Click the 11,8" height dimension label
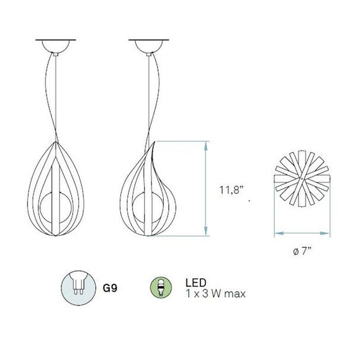click(x=231, y=190)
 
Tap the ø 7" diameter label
click(x=302, y=251)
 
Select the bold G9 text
click(x=110, y=288)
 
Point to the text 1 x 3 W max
click(x=215, y=294)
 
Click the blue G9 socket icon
click(x=78, y=288)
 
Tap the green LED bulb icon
click(x=161, y=287)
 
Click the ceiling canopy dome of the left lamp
click(x=55, y=47)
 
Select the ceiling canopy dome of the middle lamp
click(x=149, y=47)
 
